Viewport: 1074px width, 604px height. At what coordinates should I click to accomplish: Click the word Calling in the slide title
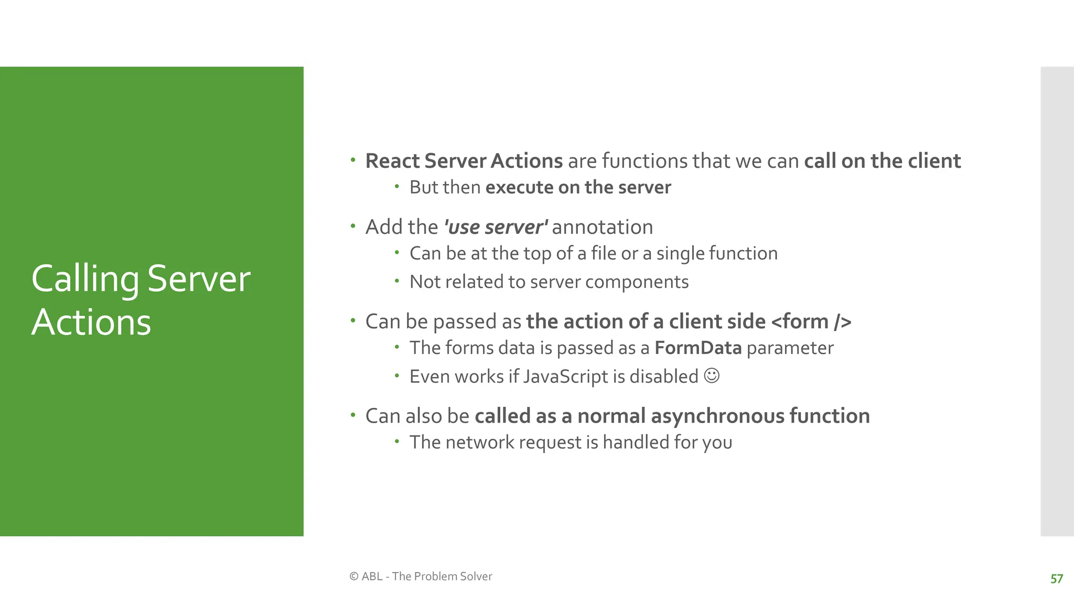click(85, 279)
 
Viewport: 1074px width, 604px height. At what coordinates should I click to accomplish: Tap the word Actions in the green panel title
click(91, 322)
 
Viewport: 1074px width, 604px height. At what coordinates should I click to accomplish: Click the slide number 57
click(1056, 579)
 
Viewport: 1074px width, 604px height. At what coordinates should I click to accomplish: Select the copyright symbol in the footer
click(354, 576)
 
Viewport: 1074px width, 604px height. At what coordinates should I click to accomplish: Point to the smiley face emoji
click(712, 376)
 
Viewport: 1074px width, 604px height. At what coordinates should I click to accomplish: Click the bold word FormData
click(697, 348)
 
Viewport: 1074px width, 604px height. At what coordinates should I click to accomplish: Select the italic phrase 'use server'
click(496, 228)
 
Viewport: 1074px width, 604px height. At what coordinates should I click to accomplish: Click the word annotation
click(602, 228)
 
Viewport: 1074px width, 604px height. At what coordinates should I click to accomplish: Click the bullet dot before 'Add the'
click(353, 226)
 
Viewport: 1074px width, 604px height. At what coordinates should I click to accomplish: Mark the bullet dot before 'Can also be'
click(353, 415)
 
